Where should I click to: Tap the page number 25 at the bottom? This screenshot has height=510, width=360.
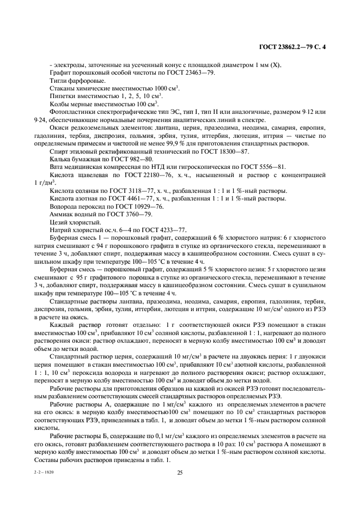click(x=180, y=472)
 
